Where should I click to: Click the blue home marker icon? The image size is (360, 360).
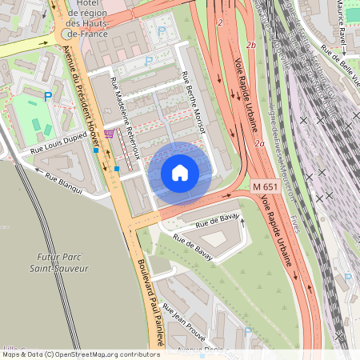[180, 172]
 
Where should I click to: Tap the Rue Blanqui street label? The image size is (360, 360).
[63, 178]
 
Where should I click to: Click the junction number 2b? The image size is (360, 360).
[252, 46]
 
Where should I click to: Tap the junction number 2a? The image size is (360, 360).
[258, 144]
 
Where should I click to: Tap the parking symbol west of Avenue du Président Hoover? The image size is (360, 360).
[48, 96]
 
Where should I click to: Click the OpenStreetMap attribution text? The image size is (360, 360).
[80, 354]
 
